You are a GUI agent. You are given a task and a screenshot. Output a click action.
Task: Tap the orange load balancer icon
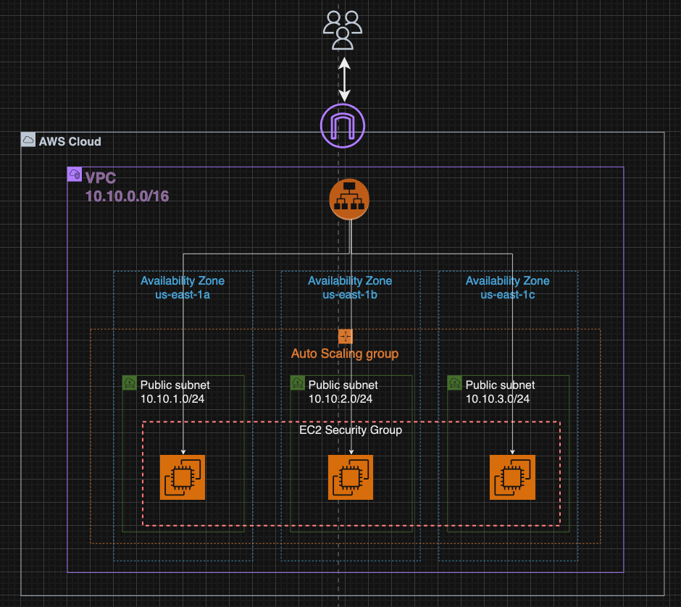click(x=350, y=198)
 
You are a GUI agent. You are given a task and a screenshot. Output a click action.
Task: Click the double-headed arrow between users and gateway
click(x=345, y=79)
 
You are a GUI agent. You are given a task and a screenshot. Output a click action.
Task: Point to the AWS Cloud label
click(x=70, y=141)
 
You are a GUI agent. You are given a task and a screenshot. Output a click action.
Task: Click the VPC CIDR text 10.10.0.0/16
click(x=128, y=196)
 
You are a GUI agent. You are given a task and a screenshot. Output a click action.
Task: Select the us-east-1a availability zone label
click(x=182, y=294)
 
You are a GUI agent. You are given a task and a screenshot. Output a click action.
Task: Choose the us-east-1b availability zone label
click(x=350, y=294)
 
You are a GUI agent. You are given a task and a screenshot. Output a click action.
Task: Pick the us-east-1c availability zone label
click(x=507, y=294)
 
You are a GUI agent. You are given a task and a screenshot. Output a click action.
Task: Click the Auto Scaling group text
click(x=345, y=354)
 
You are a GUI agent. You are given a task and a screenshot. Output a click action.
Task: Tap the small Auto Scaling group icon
click(x=345, y=336)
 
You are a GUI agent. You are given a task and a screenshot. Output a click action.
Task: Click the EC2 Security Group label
click(x=351, y=430)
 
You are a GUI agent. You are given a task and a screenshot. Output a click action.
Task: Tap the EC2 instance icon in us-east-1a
click(x=183, y=477)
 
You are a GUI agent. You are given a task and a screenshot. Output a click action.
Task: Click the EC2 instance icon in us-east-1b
click(x=351, y=477)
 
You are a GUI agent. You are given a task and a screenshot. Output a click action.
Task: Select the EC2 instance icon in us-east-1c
click(x=512, y=477)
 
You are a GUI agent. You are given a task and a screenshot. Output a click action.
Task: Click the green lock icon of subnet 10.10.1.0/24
click(x=129, y=382)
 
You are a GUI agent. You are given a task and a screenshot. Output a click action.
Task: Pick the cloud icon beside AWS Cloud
click(x=28, y=140)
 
